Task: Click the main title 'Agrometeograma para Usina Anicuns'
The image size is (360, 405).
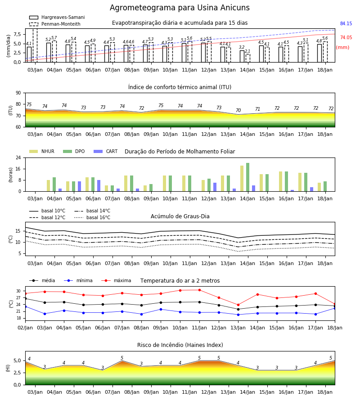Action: point(180,8)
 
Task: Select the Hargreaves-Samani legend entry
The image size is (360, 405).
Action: point(57,17)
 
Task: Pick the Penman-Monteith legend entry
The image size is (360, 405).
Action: point(55,24)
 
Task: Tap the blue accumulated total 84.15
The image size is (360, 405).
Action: point(346,23)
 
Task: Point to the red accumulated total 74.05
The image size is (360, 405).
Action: point(346,37)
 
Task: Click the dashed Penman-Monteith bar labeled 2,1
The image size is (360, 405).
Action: point(248,58)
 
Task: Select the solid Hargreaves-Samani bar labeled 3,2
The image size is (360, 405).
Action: point(242,56)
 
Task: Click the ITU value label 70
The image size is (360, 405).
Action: point(238,110)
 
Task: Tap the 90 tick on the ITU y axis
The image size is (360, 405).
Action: point(18,93)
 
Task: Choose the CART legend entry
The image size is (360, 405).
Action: point(106,151)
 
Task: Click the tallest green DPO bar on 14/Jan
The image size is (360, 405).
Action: point(247,177)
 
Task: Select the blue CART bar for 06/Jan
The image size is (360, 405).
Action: point(99,186)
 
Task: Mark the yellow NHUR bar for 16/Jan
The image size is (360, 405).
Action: point(280,181)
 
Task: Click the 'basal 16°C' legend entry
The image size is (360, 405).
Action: point(92,217)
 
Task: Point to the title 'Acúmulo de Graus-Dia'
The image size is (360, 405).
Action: point(180,216)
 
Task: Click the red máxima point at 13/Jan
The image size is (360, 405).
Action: point(238,305)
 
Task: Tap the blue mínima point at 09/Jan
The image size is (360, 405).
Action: point(161,309)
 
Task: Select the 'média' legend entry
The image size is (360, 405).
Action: point(42,280)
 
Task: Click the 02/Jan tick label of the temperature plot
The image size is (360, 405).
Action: point(25,328)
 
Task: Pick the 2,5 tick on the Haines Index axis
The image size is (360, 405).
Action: point(17,373)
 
